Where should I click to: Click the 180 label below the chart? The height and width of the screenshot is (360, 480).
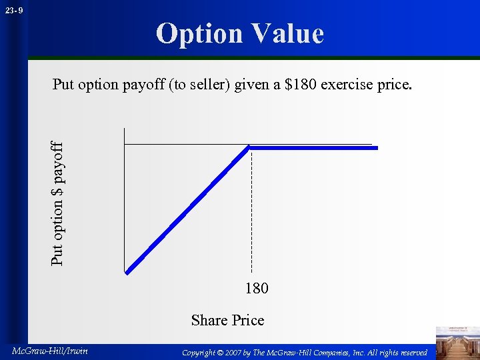pyautogui.click(x=257, y=288)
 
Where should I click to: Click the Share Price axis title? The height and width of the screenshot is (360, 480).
pyautogui.click(x=227, y=320)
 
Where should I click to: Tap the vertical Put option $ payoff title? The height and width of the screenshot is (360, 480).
pyautogui.click(x=58, y=203)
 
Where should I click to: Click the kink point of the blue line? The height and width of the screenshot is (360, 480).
pyautogui.click(x=249, y=147)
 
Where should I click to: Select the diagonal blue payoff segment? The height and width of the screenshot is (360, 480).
pyautogui.click(x=189, y=209)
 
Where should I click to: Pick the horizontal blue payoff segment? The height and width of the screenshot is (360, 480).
pyautogui.click(x=313, y=147)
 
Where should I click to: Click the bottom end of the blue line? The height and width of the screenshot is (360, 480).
pyautogui.click(x=127, y=271)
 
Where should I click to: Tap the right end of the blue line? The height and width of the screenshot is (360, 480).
pyautogui.click(x=377, y=147)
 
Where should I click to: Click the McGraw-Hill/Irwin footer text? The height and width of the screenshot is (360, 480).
pyautogui.click(x=49, y=351)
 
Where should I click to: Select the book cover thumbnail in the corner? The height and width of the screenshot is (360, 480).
pyautogui.click(x=457, y=341)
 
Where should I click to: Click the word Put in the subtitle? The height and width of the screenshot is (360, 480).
pyautogui.click(x=64, y=85)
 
